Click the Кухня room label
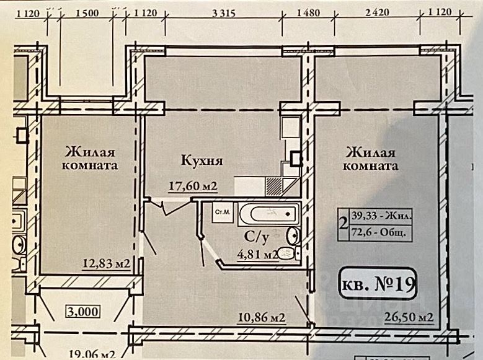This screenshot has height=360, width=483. tap(202, 161)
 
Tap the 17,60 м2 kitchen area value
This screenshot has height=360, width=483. tap(193, 185)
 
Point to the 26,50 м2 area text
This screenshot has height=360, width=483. tap(409, 318)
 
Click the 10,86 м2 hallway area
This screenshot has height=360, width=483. tap(261, 318)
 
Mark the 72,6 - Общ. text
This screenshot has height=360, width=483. tap(379, 233)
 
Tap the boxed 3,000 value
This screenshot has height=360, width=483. tap(82, 311)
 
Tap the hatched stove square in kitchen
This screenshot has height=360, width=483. tap(273, 186)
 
